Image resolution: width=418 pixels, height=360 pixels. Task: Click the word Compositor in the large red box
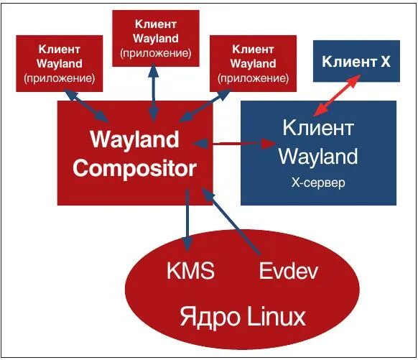134,168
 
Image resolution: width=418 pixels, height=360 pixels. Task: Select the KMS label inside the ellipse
191,271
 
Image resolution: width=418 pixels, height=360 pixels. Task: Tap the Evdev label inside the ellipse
287,271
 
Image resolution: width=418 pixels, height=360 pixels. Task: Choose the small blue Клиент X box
356,62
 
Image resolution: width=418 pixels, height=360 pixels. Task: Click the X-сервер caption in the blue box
317,183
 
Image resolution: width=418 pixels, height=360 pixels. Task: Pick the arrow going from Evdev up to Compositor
231,223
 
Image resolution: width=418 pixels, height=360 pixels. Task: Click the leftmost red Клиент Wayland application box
60,63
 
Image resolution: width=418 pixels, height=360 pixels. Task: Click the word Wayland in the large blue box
317,156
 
